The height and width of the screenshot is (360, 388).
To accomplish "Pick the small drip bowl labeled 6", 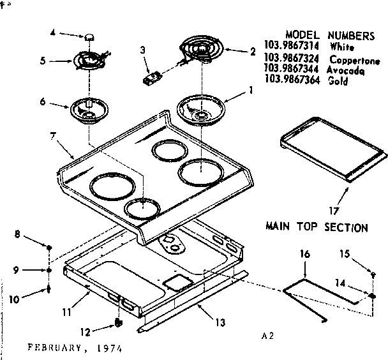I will pos(87,109).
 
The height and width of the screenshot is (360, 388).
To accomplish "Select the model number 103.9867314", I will pos(292,47).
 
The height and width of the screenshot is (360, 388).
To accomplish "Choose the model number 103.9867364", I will pos(292,81).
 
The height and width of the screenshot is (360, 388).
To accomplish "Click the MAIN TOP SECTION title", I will pos(316,227).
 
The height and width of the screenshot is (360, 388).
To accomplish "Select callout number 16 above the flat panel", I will pos(304,255).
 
